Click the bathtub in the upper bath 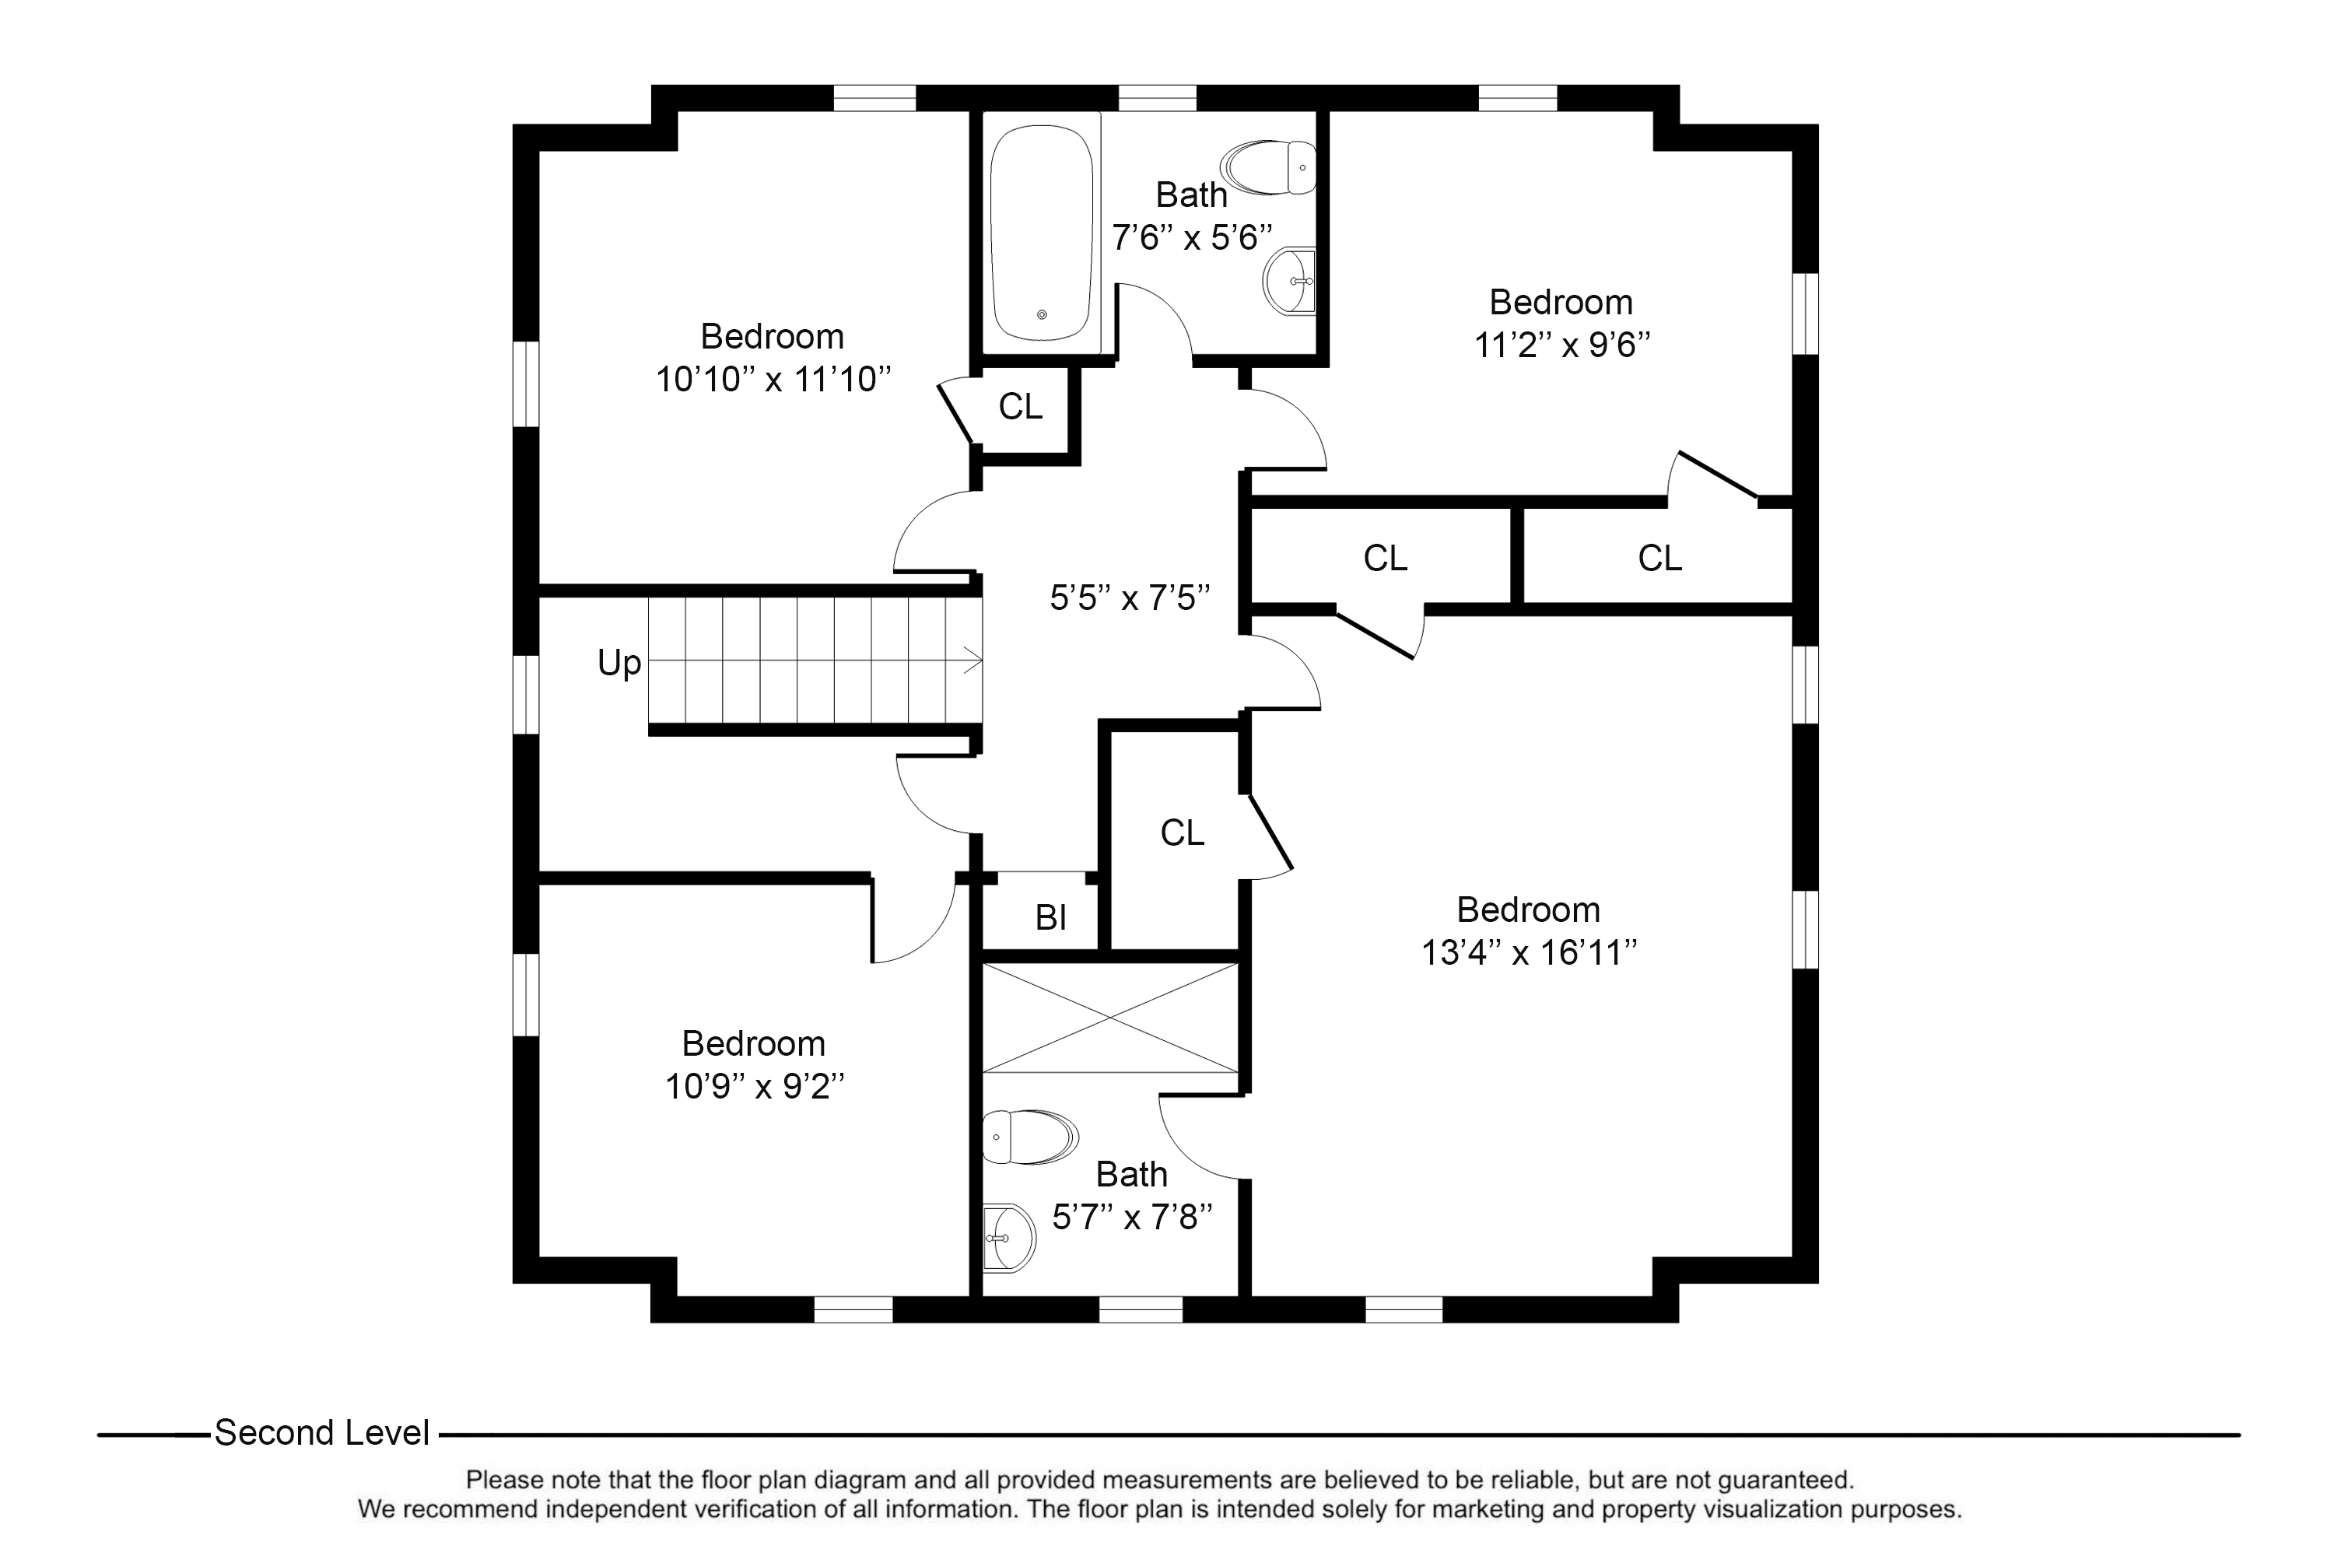pyautogui.click(x=1041, y=232)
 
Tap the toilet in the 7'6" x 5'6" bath pyautogui.click(x=1268, y=166)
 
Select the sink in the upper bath pyautogui.click(x=1289, y=282)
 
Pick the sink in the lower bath pyautogui.click(x=1009, y=1239)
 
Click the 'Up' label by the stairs pyautogui.click(x=619, y=662)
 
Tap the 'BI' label pyautogui.click(x=1051, y=917)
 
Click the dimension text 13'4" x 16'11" pyautogui.click(x=1530, y=952)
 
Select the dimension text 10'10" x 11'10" pyautogui.click(x=773, y=379)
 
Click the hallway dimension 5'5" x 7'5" pyautogui.click(x=1130, y=598)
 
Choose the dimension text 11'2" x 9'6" pyautogui.click(x=1562, y=345)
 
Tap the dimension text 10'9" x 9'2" pyautogui.click(x=754, y=1087)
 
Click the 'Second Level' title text pyautogui.click(x=321, y=1433)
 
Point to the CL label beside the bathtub pyautogui.click(x=1020, y=407)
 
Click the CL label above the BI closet pyautogui.click(x=1182, y=832)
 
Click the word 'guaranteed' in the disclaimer pyautogui.click(x=1783, y=1481)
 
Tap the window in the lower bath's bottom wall pyautogui.click(x=1141, y=1310)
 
